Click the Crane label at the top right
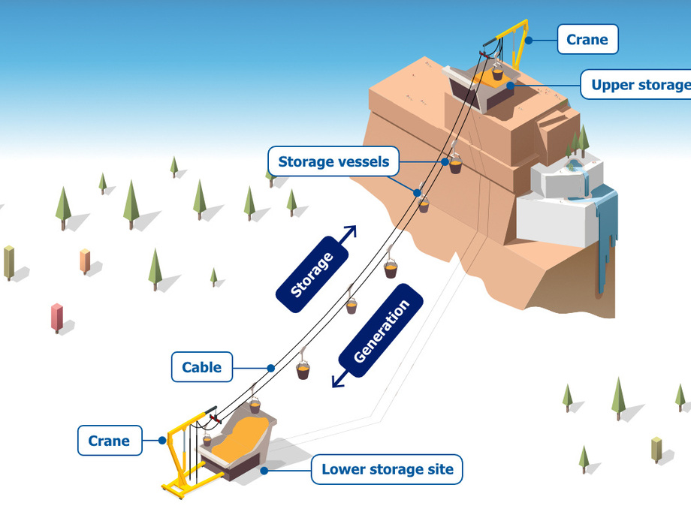(587, 39)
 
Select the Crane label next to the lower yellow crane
(109, 441)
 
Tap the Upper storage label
(638, 85)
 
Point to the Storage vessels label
(333, 161)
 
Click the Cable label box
(201, 367)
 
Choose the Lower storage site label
(388, 470)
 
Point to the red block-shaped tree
(57, 317)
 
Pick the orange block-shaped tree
(85, 260)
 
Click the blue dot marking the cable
(270, 368)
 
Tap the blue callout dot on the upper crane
(528, 40)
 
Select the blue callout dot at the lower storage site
(264, 470)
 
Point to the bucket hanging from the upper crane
(497, 74)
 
